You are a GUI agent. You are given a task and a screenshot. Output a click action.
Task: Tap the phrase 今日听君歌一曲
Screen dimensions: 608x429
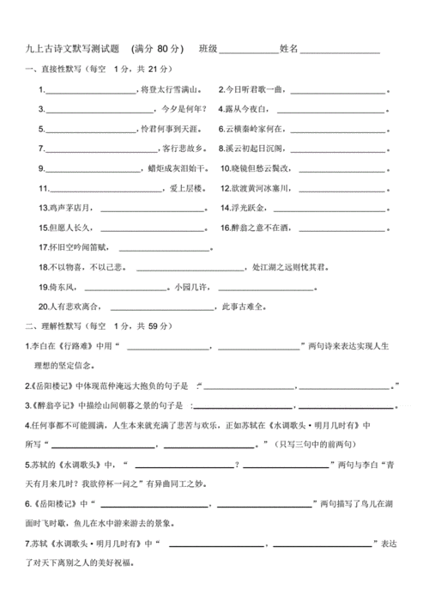[x=253, y=88]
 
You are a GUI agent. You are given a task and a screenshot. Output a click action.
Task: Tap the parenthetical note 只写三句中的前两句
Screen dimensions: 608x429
[x=308, y=443]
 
